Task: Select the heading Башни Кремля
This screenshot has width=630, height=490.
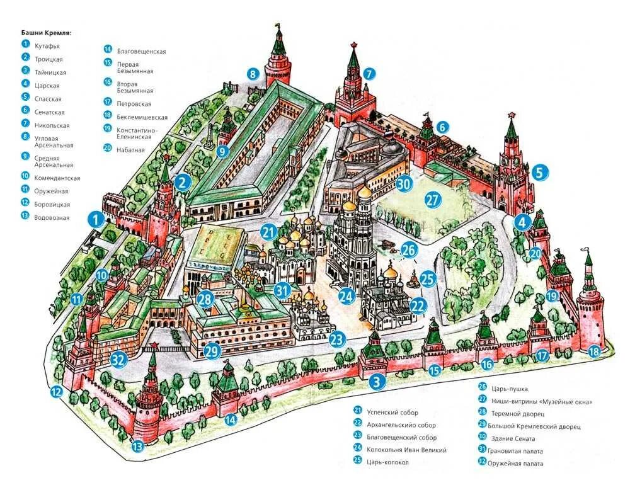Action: point(46,32)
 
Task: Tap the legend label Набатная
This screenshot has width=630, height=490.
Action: point(130,150)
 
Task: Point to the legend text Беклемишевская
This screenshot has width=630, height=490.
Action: point(142,117)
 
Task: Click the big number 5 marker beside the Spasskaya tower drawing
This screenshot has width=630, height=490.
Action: point(540,171)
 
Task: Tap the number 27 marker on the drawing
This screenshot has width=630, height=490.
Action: point(432,201)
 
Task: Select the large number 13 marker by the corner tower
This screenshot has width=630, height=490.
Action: point(137,447)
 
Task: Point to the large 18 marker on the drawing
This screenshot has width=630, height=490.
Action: point(593,352)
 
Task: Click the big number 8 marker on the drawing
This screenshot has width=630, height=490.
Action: point(253,74)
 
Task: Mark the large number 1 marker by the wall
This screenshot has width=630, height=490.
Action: point(96,219)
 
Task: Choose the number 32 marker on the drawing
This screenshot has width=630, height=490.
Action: point(118,360)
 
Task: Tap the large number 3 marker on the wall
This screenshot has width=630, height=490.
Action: point(377,381)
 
